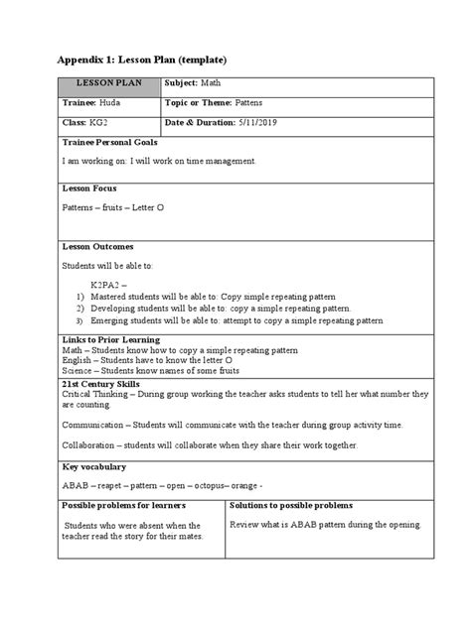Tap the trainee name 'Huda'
[112, 103]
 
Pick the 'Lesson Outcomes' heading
[98, 246]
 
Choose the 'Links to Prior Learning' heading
[111, 339]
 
